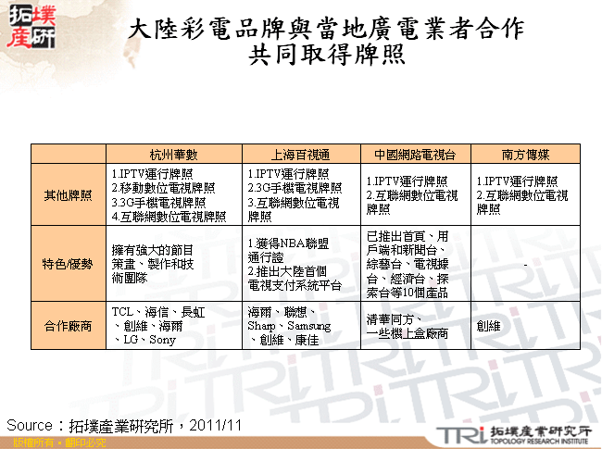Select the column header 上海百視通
[x=300, y=155]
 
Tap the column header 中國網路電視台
[x=415, y=155]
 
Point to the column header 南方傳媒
[x=525, y=155]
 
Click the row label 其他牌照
[x=68, y=195]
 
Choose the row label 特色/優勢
[x=68, y=264]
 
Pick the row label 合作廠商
[x=68, y=326]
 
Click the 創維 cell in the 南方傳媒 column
[x=488, y=326]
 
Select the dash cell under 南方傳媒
[x=525, y=264]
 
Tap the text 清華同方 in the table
[x=390, y=318]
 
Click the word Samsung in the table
[x=308, y=327]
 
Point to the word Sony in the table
[x=163, y=340]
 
